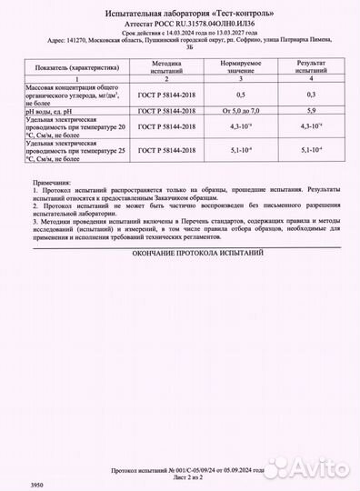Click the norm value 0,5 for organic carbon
pyautogui.click(x=240, y=94)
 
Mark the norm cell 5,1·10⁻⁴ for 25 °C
pyautogui.click(x=240, y=150)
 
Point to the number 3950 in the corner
pyautogui.click(x=11, y=486)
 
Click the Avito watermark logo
pyautogui.click(x=309, y=471)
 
